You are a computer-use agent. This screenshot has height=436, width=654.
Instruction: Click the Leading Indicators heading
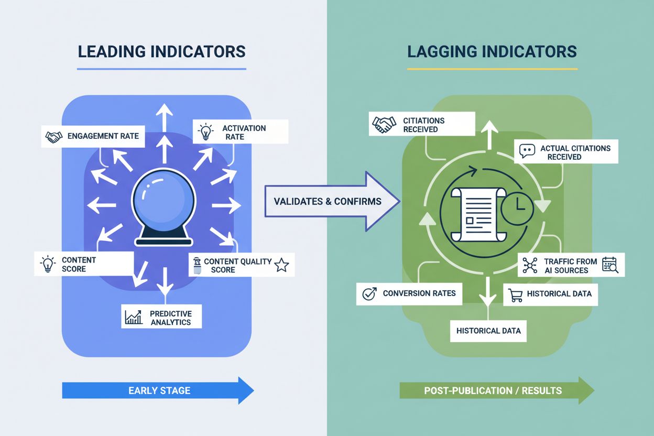pos(161,51)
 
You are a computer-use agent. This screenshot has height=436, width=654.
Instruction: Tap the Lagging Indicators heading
pos(492,51)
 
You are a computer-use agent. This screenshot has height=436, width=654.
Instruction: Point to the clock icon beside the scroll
pos(517,209)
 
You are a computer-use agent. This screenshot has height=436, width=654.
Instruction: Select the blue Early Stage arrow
pos(158,390)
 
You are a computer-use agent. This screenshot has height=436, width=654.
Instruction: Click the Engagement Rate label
pos(92,136)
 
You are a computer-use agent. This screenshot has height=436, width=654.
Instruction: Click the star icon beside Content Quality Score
pos(281,265)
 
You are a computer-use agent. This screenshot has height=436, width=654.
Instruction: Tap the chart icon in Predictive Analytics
pos(134,317)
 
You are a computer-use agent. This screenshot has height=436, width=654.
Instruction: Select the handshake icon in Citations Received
pos(384,125)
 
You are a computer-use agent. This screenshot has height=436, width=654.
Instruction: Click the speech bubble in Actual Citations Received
pos(526,152)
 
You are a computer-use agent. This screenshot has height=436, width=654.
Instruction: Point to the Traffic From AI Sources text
pos(570,266)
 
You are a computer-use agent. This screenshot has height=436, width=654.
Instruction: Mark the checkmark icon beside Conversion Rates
pos(369,293)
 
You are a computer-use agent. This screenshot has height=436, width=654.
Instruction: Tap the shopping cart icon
pos(516,295)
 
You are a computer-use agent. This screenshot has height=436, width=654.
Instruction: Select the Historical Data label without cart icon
pos(488,331)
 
